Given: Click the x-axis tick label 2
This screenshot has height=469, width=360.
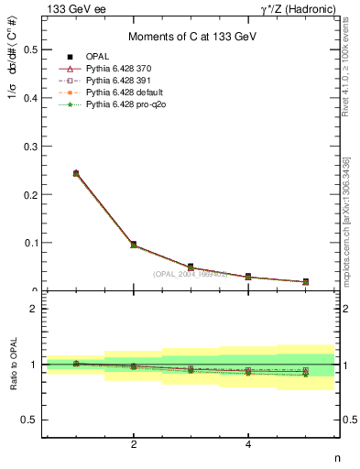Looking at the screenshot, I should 134,445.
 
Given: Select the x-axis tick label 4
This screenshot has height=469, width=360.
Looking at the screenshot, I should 248,445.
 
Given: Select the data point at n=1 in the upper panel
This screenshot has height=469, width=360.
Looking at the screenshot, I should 76,173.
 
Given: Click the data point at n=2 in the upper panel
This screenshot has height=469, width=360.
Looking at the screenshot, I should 134,245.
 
